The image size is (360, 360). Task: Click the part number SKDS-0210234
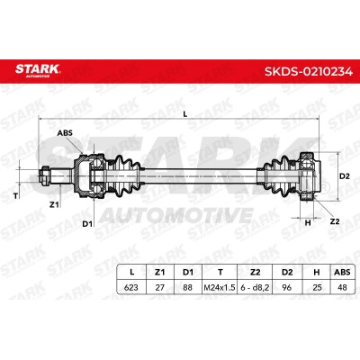click(309, 71)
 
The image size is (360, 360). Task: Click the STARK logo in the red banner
click(38, 70)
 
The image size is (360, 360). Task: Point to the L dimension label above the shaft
click(185, 114)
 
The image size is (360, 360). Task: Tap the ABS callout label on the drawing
click(65, 132)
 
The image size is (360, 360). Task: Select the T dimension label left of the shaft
click(16, 196)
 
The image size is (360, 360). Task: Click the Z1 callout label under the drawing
click(54, 205)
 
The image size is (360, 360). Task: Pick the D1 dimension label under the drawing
click(87, 224)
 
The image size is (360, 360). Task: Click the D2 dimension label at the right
click(345, 176)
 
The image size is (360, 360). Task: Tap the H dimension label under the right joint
click(308, 222)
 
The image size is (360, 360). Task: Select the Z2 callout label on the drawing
click(335, 221)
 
